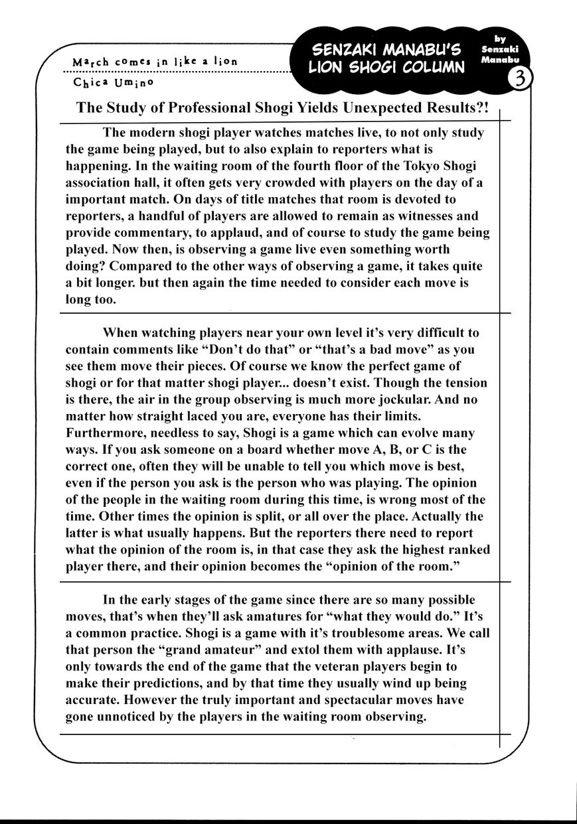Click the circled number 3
coord(521,79)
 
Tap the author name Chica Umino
coord(114,82)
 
